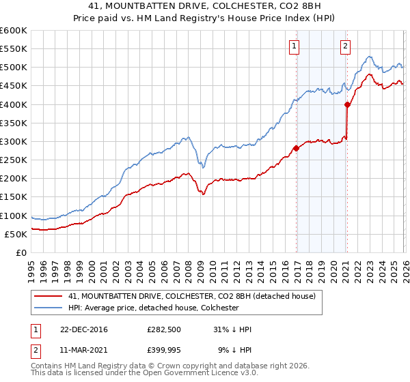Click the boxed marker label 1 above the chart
294,46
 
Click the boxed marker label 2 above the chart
345,46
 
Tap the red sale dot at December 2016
296,147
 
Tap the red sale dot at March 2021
347,104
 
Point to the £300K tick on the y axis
14,142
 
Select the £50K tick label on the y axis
16,234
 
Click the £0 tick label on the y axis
21,252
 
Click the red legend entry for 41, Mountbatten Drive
191,296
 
